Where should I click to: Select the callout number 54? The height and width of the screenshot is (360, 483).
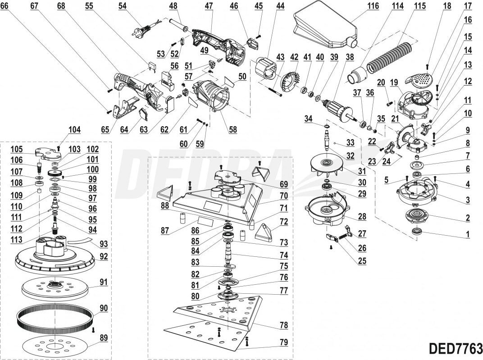point(123,6)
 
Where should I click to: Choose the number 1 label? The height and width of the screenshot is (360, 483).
point(468,234)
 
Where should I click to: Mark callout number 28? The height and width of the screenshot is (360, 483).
point(362,217)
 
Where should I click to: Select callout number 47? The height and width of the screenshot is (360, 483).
point(209,6)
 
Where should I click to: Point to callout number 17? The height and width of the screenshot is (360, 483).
point(468,6)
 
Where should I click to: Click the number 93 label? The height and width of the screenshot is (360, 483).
point(104,244)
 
